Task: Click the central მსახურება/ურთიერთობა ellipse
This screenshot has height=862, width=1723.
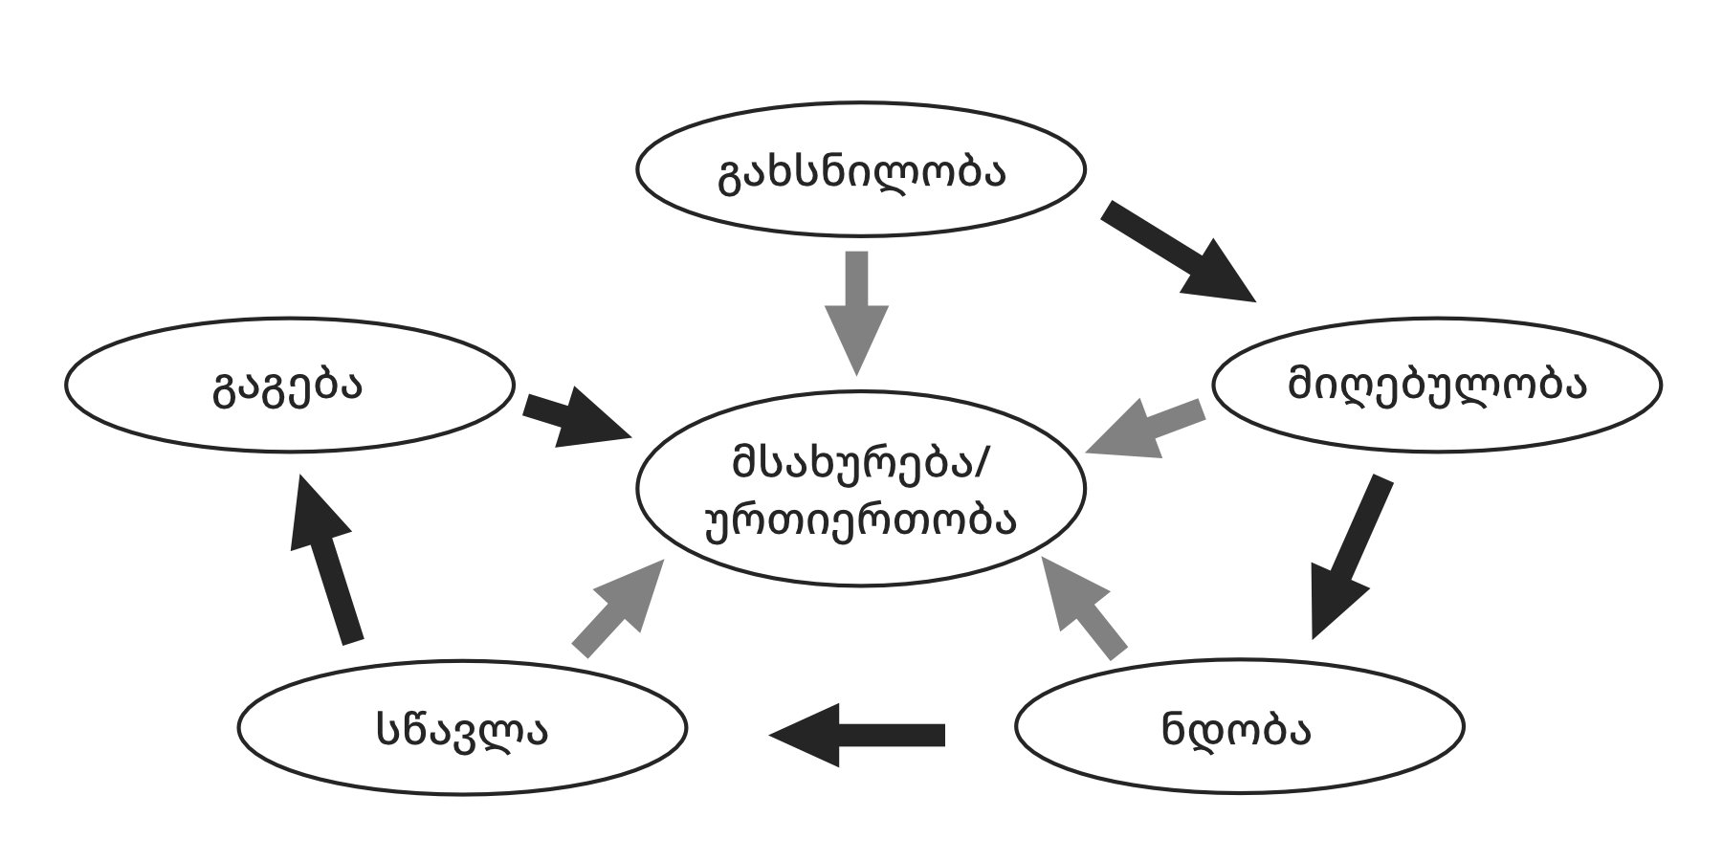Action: pyautogui.click(x=861, y=564)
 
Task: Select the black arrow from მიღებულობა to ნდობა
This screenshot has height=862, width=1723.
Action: pyautogui.click(x=1349, y=555)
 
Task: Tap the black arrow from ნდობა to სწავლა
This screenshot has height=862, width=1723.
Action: pyautogui.click(x=857, y=735)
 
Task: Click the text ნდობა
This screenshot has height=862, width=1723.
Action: pyautogui.click(x=1237, y=729)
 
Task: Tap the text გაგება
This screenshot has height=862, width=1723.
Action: pyautogui.click(x=287, y=387)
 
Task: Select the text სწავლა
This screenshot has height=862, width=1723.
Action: pyautogui.click(x=462, y=729)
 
